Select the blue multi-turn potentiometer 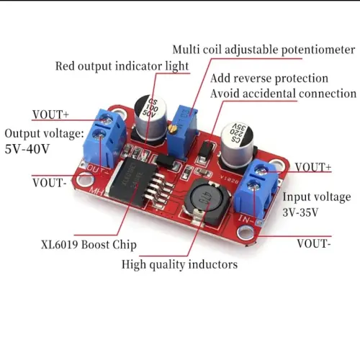pos(182,133)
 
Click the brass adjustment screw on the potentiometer pos(172,129)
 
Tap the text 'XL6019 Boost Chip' pos(89,245)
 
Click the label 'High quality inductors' pos(179,265)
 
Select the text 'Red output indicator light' pos(122,66)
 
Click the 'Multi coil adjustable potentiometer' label pos(264,50)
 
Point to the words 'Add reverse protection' pos(269,78)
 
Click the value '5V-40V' pos(27,149)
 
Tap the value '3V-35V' pos(300,212)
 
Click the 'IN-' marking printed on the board pos(246,219)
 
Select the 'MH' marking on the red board pos(96,192)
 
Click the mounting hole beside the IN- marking pos(246,233)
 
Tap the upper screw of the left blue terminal pos(106,118)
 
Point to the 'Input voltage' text pos(317,197)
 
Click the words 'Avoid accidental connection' pos(283,94)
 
